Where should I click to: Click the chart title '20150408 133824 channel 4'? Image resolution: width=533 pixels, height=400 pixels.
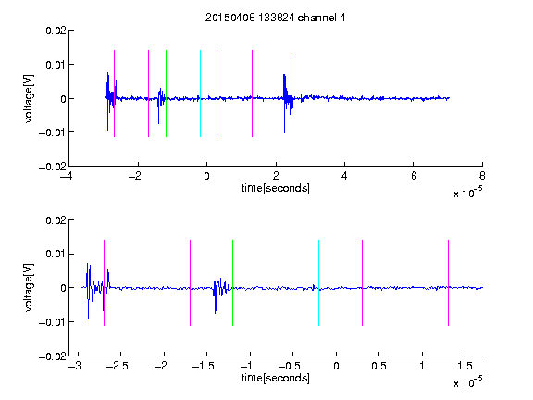click(x=275, y=18)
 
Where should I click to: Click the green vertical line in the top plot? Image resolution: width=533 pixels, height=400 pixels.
click(x=166, y=94)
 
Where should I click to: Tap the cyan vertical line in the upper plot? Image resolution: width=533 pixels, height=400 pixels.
click(x=200, y=94)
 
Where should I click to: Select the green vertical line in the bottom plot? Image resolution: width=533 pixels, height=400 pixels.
click(x=232, y=283)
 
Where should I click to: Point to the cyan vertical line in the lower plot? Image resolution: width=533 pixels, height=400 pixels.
click(x=318, y=283)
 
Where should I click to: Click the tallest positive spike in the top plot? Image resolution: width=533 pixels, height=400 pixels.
click(x=291, y=55)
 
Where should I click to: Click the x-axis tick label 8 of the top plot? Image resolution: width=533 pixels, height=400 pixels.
click(x=482, y=176)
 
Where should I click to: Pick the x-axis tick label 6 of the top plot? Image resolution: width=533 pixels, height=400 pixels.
click(x=413, y=176)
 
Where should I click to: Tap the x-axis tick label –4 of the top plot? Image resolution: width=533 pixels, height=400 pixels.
click(x=66, y=176)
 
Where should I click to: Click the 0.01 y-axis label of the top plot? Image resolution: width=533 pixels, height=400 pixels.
click(x=56, y=64)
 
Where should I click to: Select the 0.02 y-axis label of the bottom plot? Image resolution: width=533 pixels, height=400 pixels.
click(x=56, y=220)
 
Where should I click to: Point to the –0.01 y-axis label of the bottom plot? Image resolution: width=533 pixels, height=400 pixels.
click(x=52, y=322)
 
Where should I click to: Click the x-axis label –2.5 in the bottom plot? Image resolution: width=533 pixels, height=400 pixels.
click(x=117, y=366)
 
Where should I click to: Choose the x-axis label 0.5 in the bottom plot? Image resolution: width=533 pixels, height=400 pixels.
click(x=378, y=366)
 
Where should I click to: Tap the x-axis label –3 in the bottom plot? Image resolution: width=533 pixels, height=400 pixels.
click(x=75, y=366)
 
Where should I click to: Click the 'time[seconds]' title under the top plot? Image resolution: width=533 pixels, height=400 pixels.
click(x=276, y=188)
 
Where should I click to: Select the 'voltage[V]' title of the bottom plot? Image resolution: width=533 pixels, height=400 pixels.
click(x=30, y=287)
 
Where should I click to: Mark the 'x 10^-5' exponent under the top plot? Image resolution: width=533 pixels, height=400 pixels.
click(x=468, y=193)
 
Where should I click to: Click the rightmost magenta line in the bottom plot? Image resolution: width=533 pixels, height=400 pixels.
click(x=448, y=283)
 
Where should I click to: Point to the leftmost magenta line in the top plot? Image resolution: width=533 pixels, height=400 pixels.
click(x=114, y=94)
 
